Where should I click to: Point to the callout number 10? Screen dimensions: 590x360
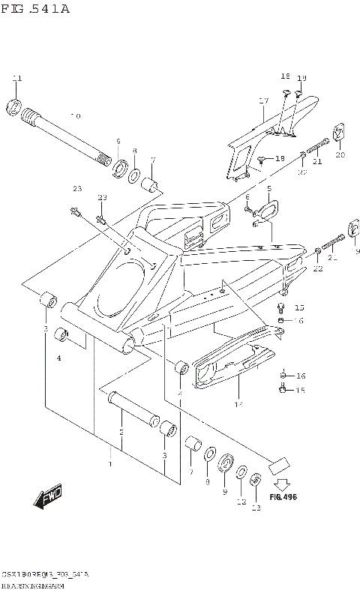(x=75, y=116)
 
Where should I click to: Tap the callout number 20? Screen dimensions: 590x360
(x=340, y=155)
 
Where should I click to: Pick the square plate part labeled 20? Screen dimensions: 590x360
(x=339, y=133)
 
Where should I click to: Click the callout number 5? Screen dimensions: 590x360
(x=268, y=188)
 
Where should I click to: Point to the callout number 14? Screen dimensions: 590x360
(x=238, y=405)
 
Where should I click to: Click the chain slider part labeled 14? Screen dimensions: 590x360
(x=232, y=367)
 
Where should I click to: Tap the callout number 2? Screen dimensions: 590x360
(x=121, y=433)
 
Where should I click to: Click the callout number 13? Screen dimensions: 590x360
(x=256, y=508)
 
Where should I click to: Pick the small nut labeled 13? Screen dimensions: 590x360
(x=256, y=479)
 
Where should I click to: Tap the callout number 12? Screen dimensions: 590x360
(x=241, y=502)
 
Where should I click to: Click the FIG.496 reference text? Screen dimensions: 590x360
(x=283, y=496)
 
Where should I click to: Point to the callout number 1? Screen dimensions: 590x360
(x=111, y=465)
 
